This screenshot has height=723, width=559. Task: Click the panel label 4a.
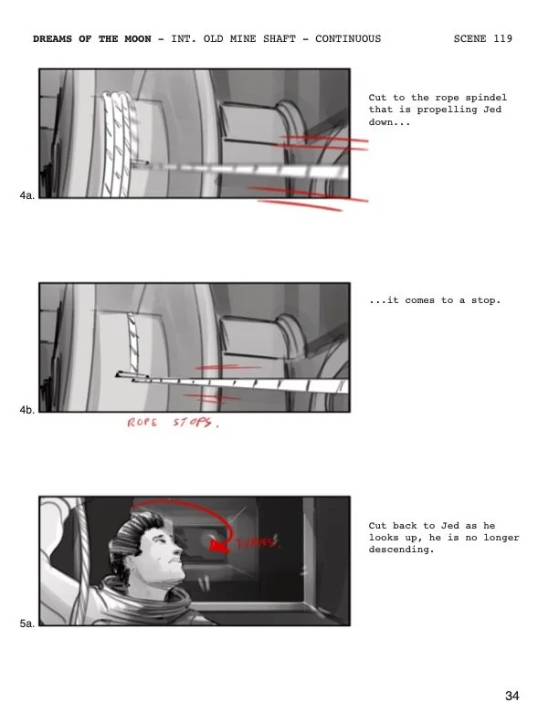click(x=26, y=195)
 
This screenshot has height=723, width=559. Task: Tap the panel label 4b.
click(x=26, y=410)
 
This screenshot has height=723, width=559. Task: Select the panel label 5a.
click(x=26, y=624)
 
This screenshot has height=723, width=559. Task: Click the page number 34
click(x=512, y=697)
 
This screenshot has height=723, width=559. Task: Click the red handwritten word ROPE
click(x=142, y=424)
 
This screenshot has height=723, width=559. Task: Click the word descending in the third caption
click(x=399, y=550)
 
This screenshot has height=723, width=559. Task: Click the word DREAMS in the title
click(x=54, y=39)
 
